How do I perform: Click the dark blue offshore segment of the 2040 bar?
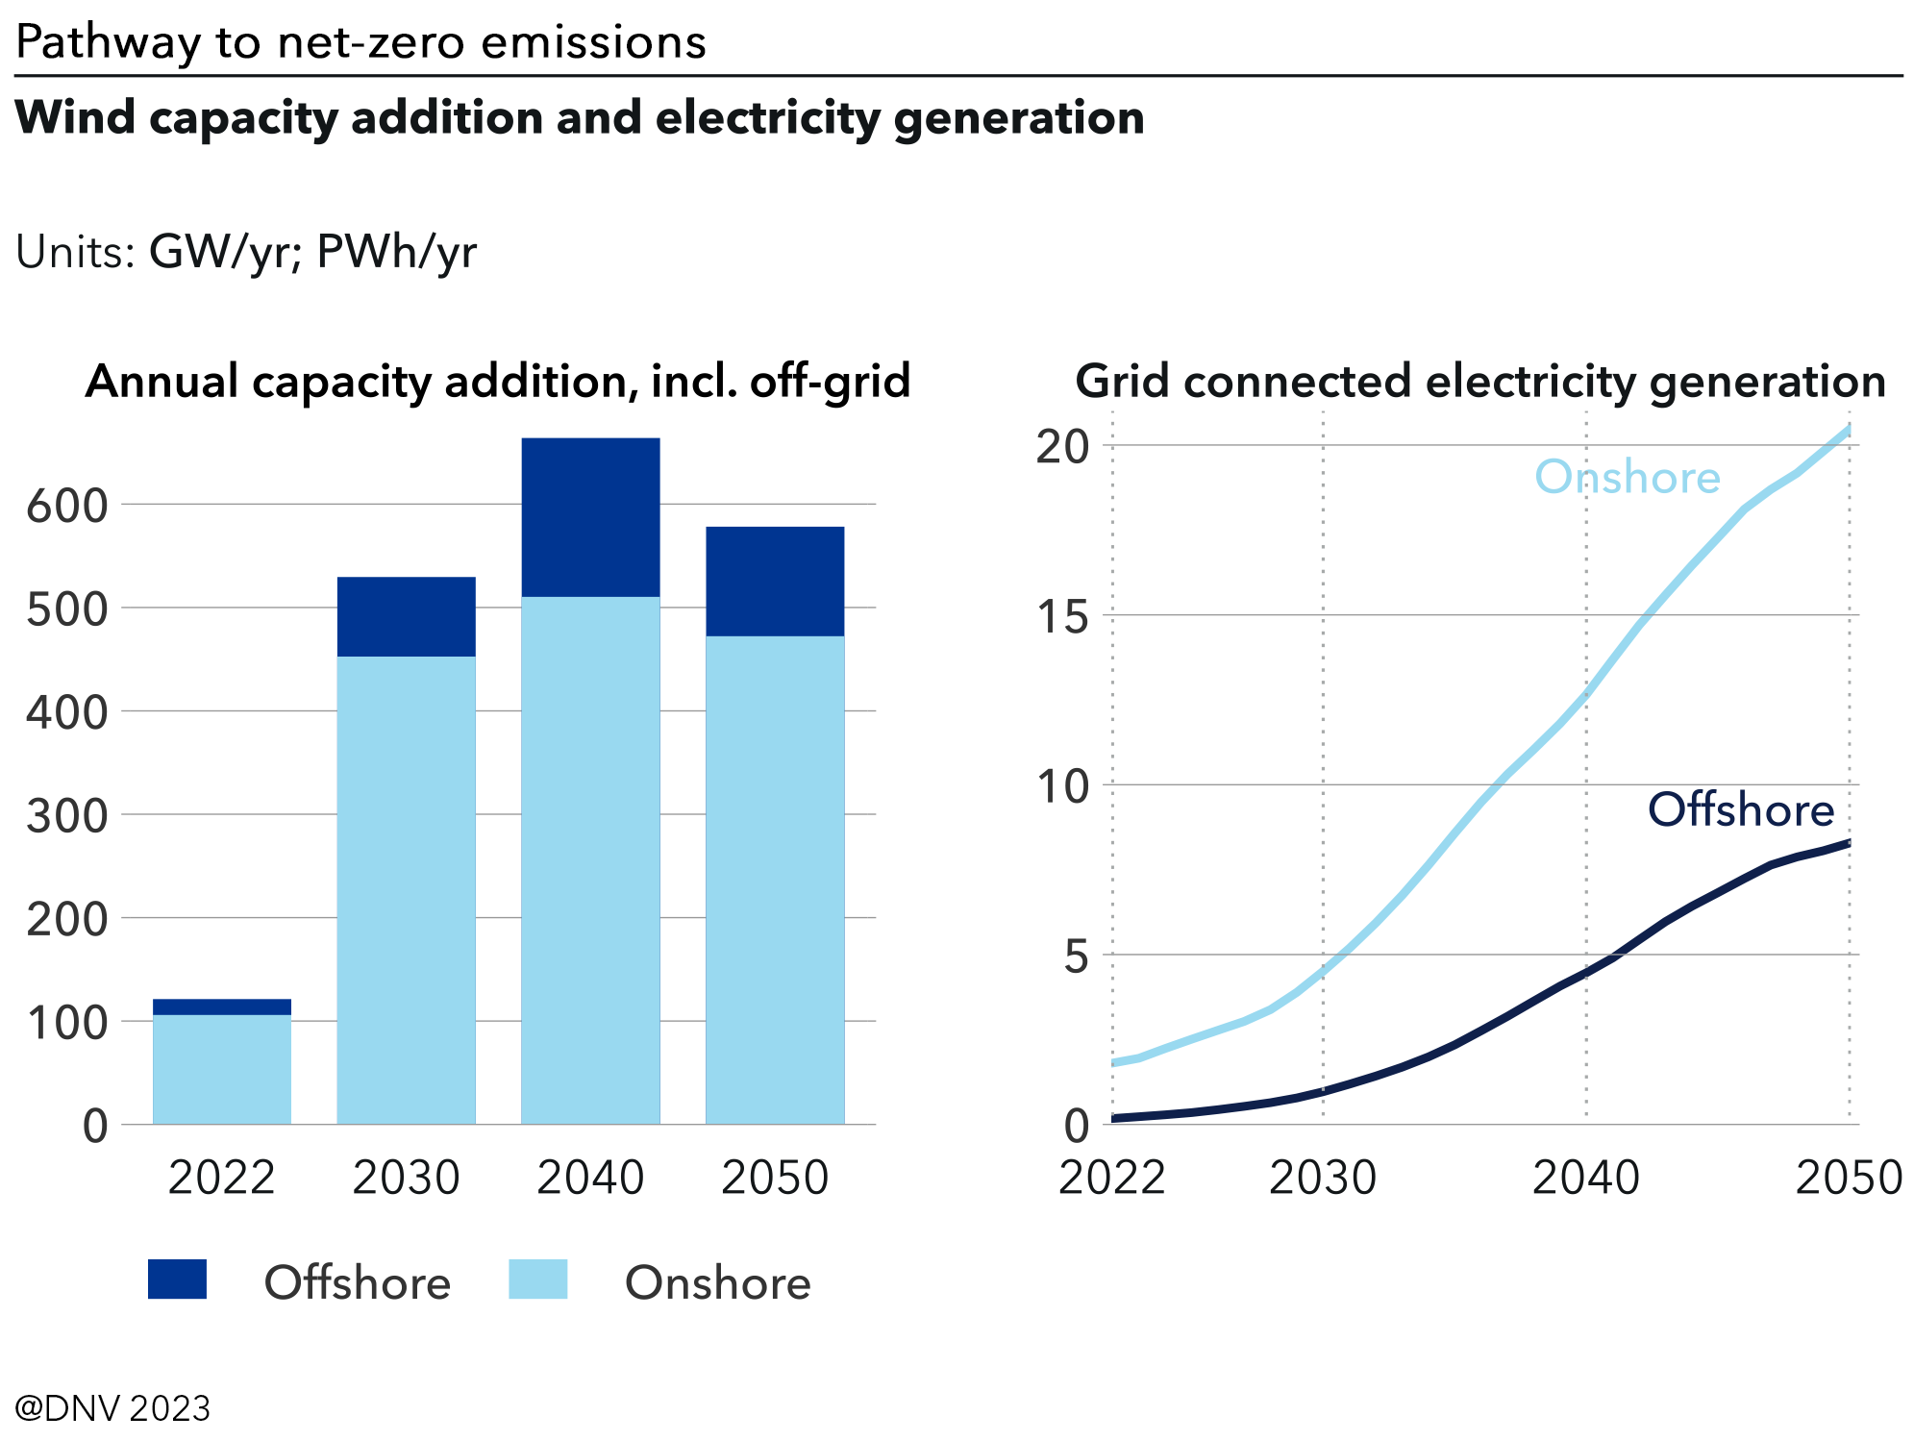pyautogui.click(x=590, y=517)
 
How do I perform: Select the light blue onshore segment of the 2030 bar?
pyautogui.click(x=406, y=889)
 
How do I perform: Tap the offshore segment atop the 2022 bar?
pyautogui.click(x=222, y=1006)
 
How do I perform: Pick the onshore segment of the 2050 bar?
pyautogui.click(x=775, y=880)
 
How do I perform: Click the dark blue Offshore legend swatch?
pyautogui.click(x=177, y=1280)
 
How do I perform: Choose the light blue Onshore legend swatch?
pyautogui.click(x=537, y=1280)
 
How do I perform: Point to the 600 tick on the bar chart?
pyautogui.click(x=66, y=506)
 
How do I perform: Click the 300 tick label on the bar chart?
pyautogui.click(x=66, y=816)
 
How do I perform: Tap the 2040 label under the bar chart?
pyautogui.click(x=590, y=1178)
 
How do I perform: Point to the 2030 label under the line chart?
pyautogui.click(x=1323, y=1178)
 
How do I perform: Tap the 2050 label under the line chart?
pyautogui.click(x=1849, y=1178)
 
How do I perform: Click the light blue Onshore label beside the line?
pyautogui.click(x=1627, y=478)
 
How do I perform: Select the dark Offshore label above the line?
pyautogui.click(x=1741, y=810)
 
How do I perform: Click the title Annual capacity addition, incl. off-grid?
pyautogui.click(x=498, y=382)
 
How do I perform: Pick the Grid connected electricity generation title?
pyautogui.click(x=1480, y=382)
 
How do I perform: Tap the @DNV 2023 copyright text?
pyautogui.click(x=112, y=1408)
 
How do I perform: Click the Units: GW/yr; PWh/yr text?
pyautogui.click(x=246, y=252)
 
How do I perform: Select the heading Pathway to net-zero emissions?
pyautogui.click(x=360, y=42)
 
